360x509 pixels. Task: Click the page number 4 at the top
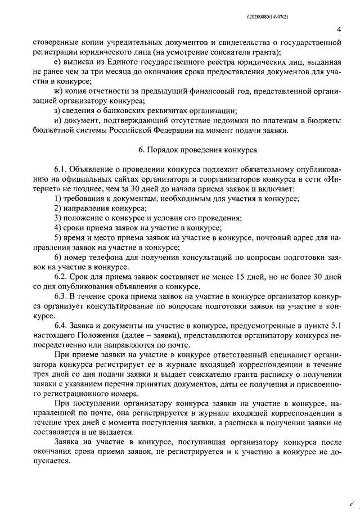pos(339,30)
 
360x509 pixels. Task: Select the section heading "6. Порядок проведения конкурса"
pos(197,150)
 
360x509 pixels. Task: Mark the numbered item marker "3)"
pos(58,218)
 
